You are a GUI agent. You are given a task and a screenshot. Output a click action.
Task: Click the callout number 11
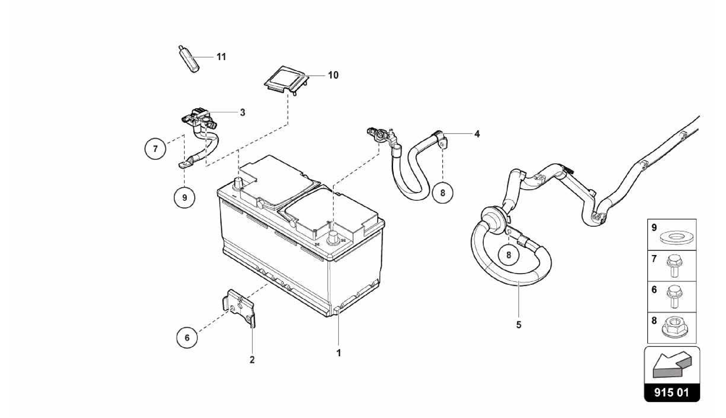coord(221,57)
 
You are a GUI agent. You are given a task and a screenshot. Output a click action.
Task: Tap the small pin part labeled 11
coord(188,59)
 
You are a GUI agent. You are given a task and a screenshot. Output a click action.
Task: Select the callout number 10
coord(333,75)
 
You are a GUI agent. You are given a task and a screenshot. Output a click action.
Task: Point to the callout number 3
coord(242,112)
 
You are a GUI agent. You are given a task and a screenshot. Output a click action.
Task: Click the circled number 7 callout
coord(155,149)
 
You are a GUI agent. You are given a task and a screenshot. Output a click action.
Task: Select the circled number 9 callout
coord(185,197)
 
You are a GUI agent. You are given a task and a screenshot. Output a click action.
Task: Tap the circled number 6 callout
coord(187,337)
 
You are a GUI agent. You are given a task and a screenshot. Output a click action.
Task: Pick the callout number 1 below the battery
coord(339,353)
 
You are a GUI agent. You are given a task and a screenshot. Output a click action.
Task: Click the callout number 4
coord(477,134)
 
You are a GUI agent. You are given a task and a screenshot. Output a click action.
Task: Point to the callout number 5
coord(519,325)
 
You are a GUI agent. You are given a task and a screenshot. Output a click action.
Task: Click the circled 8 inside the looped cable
coord(509,255)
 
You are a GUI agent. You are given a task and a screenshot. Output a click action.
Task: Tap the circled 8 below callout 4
coord(443,193)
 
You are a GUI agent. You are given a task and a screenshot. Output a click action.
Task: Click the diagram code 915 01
coord(672,392)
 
